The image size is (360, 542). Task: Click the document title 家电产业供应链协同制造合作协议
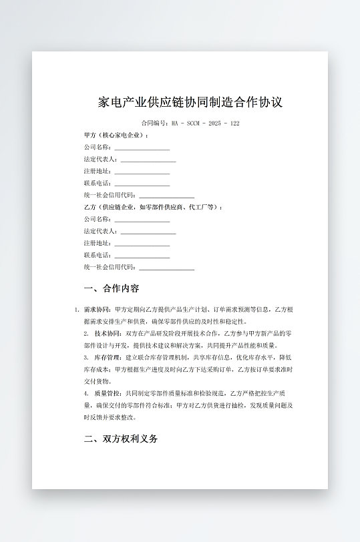click(x=190, y=103)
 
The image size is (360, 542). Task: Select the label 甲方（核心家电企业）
click(x=116, y=135)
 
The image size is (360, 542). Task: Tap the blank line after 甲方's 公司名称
click(x=142, y=148)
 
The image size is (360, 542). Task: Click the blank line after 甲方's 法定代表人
click(x=148, y=160)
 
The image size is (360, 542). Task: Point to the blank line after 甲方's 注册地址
click(x=142, y=172)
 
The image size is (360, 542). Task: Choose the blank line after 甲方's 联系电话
click(x=142, y=184)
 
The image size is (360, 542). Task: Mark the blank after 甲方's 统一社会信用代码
click(x=166, y=196)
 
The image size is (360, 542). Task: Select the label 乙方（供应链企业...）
click(x=153, y=208)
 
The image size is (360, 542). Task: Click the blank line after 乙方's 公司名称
click(x=142, y=220)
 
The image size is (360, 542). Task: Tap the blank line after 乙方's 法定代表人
click(x=148, y=232)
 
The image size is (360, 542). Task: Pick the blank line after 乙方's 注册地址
click(x=142, y=244)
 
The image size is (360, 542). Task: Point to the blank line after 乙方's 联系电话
click(x=142, y=256)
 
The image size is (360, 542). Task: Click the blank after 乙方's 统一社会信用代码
click(x=166, y=268)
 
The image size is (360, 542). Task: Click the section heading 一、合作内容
click(x=112, y=289)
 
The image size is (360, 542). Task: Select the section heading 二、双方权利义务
click(x=121, y=439)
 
